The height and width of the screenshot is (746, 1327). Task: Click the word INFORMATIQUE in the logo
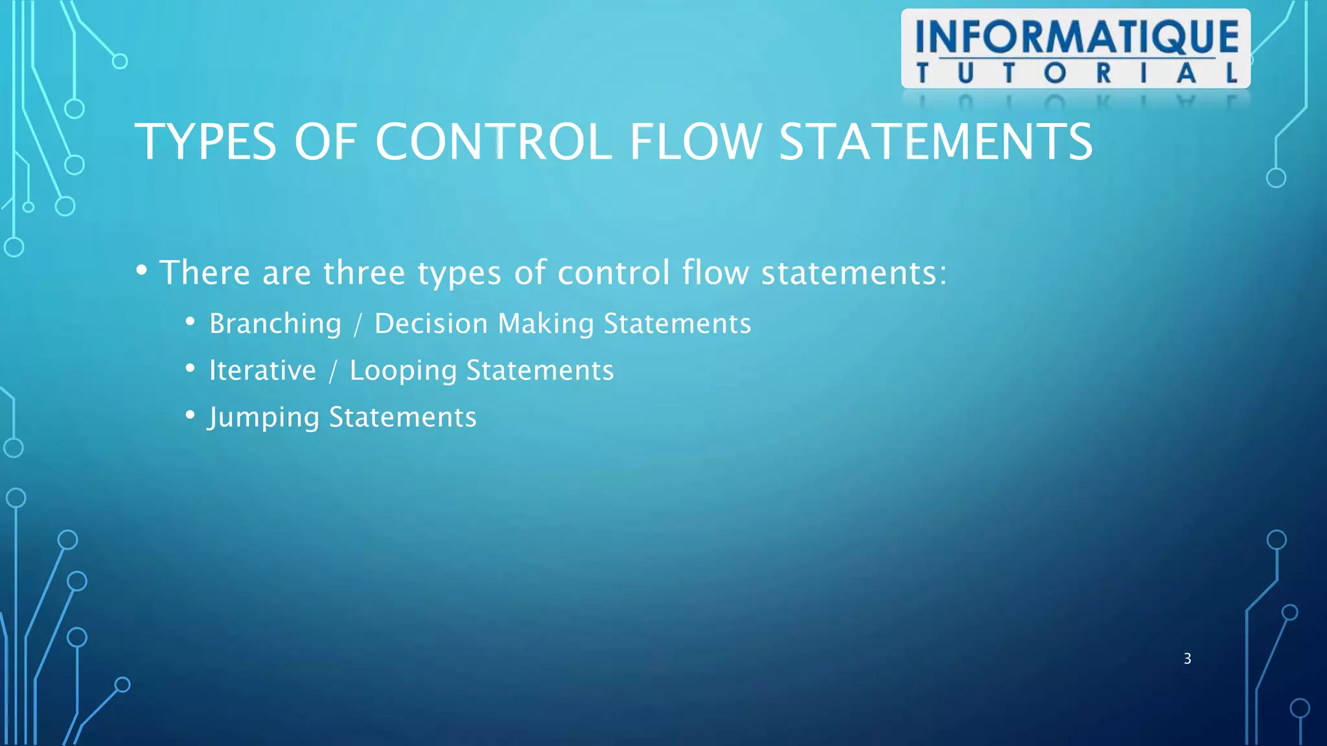click(x=1076, y=37)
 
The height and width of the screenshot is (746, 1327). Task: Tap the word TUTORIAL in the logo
click(x=1076, y=73)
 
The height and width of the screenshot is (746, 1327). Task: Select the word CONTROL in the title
click(x=493, y=142)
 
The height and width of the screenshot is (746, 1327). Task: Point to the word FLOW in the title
click(x=695, y=142)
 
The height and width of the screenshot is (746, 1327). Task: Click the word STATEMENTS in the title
click(x=936, y=142)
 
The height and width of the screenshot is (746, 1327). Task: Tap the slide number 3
click(x=1187, y=659)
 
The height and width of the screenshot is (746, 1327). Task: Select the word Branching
click(x=275, y=324)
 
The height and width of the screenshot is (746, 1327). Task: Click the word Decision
click(x=431, y=324)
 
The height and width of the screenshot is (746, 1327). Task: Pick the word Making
click(x=546, y=324)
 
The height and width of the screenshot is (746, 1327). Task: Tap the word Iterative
click(x=262, y=370)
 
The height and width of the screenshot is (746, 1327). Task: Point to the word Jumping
click(x=264, y=418)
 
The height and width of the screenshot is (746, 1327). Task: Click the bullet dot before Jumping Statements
click(x=190, y=414)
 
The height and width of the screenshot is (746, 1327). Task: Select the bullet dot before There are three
click(x=142, y=269)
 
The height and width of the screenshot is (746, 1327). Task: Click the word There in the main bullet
click(x=204, y=273)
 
